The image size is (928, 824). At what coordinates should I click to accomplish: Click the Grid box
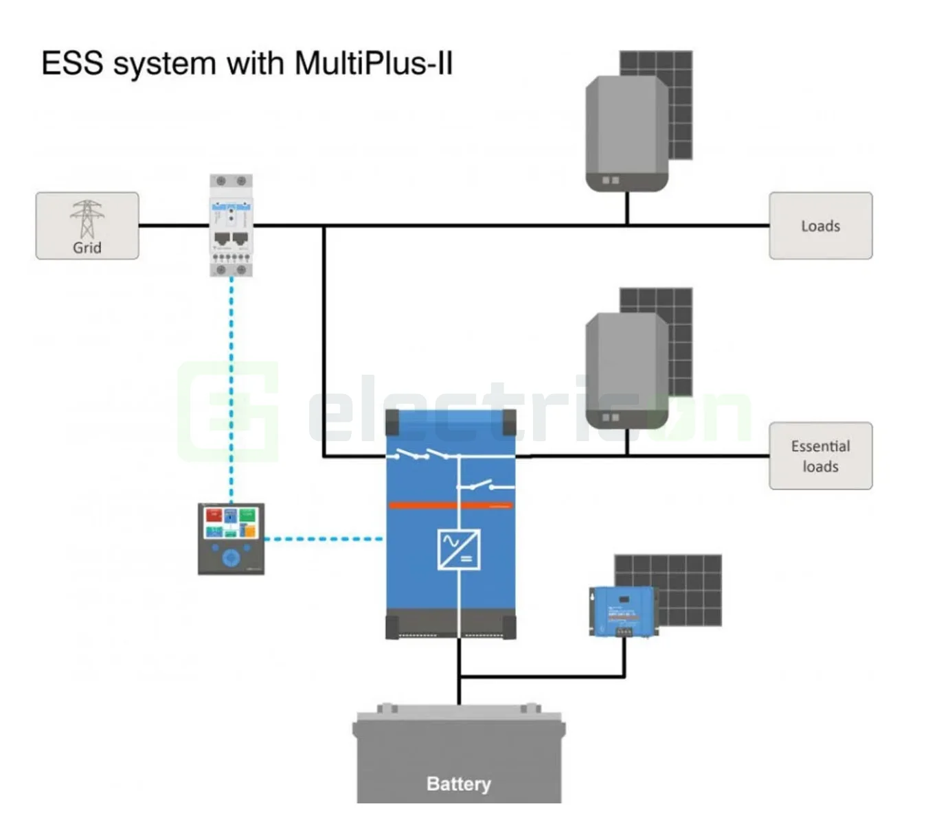pos(87,226)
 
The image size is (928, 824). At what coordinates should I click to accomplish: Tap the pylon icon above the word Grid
pos(87,218)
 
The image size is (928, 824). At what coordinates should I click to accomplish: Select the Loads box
pos(820,226)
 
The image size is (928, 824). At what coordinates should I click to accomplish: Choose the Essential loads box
pos(820,456)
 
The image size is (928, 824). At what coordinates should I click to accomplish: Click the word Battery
pos(458,783)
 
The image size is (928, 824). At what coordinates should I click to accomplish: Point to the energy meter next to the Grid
pos(231,225)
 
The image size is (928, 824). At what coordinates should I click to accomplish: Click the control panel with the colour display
pos(231,539)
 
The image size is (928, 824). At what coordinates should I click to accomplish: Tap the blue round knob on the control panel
pos(231,557)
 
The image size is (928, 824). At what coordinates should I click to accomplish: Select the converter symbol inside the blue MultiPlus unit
pos(458,549)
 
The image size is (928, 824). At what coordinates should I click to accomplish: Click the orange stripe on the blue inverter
pos(450,506)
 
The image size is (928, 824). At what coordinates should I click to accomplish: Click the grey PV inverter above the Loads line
pos(626,133)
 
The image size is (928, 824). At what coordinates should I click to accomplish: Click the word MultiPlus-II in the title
pos(374,64)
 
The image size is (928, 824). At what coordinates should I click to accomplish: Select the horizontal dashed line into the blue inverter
pos(323,539)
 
